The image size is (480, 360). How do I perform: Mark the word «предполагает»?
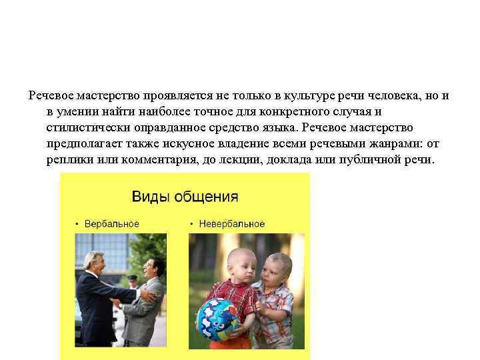click(83, 143)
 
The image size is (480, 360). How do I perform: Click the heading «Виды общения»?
click(185, 197)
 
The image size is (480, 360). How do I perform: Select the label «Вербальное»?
click(112, 224)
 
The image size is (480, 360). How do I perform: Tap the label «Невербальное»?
click(231, 224)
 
